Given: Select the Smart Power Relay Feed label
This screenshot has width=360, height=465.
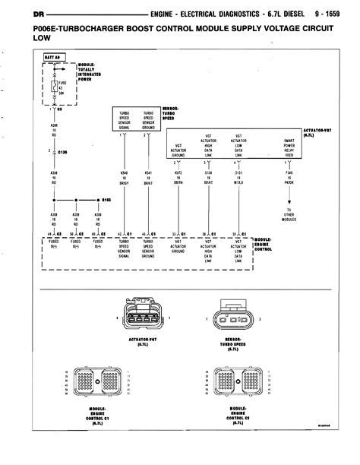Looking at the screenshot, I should [289, 145].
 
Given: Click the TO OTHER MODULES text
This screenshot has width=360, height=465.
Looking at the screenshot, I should [289, 215].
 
